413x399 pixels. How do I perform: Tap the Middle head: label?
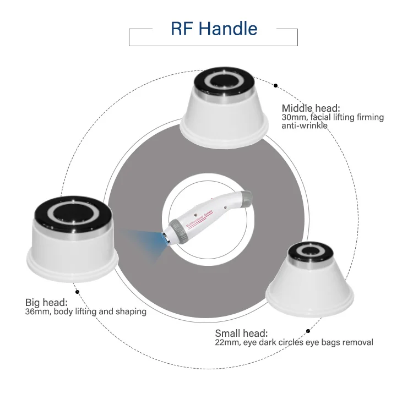click(x=311, y=108)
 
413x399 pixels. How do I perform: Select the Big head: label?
click(x=46, y=302)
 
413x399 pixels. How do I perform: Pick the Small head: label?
click(x=241, y=334)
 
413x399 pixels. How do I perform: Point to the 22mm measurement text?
click(x=226, y=342)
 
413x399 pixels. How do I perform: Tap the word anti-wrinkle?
click(x=305, y=126)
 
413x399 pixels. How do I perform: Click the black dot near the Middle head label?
click(x=275, y=85)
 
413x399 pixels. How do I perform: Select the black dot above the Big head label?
click(x=77, y=292)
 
